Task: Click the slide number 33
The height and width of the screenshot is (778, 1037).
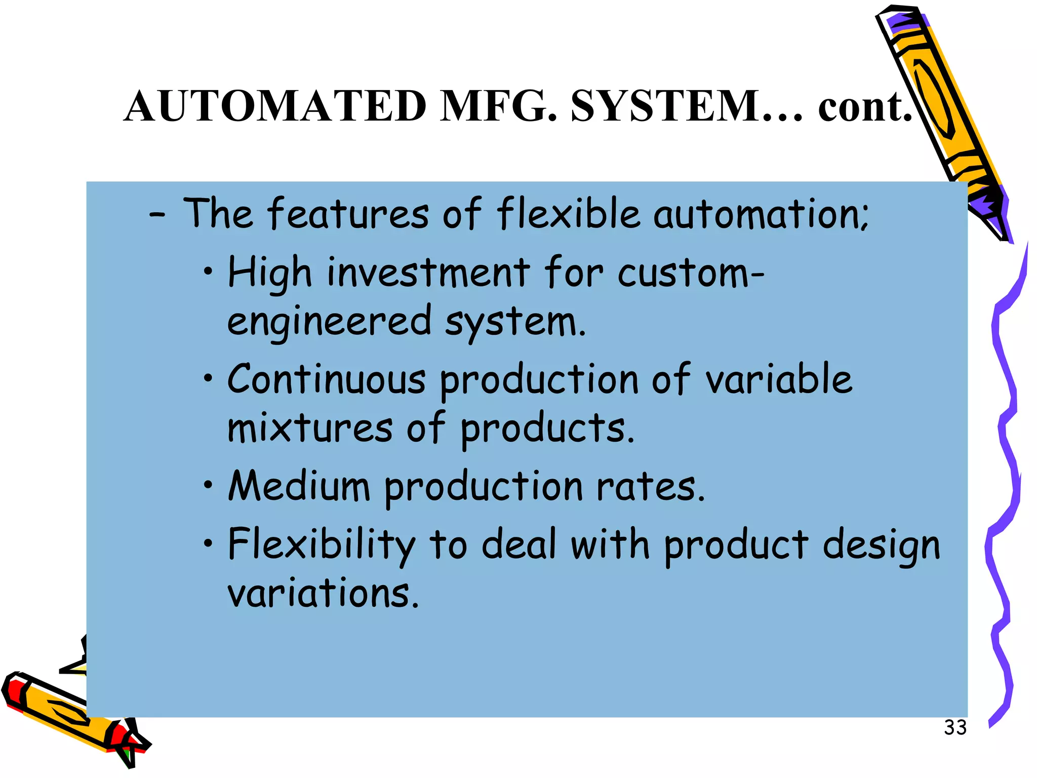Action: pos(955,728)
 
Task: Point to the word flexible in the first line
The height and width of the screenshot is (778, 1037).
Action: pos(568,213)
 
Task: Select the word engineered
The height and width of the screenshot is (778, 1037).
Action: pos(329,322)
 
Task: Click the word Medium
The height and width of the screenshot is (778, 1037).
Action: pos(299,486)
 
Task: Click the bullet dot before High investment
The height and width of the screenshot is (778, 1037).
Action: pos(208,273)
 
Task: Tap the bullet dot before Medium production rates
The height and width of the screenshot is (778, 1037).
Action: pos(208,486)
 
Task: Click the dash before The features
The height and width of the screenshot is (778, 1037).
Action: pos(157,215)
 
